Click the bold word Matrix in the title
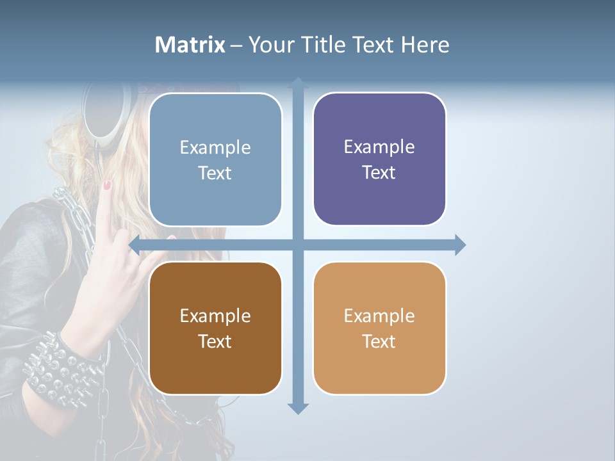[x=190, y=45]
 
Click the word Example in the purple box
[x=379, y=147]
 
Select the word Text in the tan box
[x=379, y=341]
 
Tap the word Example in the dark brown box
[x=215, y=316]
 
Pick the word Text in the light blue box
[x=215, y=173]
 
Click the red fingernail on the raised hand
[x=107, y=185]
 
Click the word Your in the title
[x=267, y=45]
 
